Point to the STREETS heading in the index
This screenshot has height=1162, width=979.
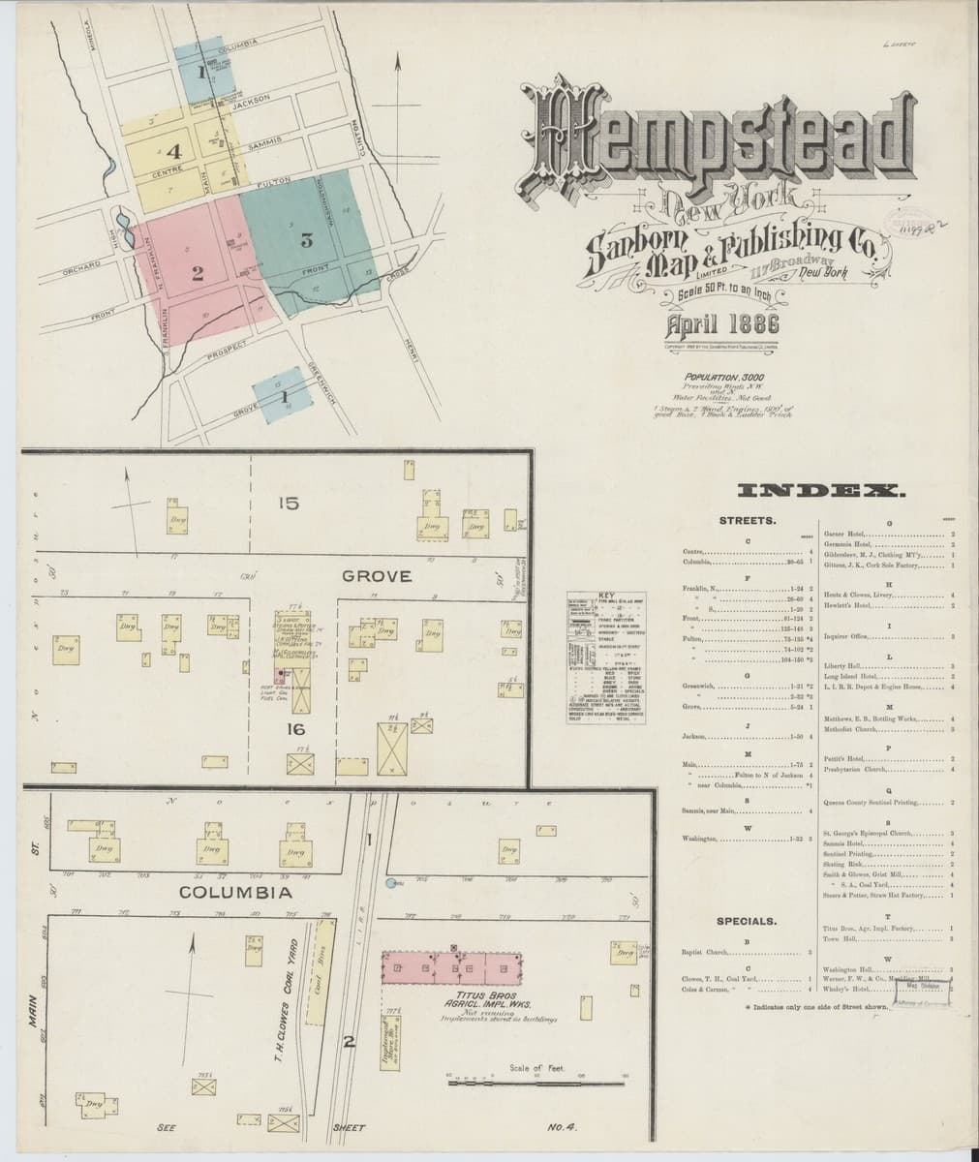coord(748,522)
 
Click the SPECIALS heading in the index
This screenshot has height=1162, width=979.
coord(748,921)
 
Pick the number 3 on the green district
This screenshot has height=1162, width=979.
coord(307,240)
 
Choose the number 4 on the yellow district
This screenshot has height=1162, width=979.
coord(174,151)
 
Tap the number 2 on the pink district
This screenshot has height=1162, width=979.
coord(197,274)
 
